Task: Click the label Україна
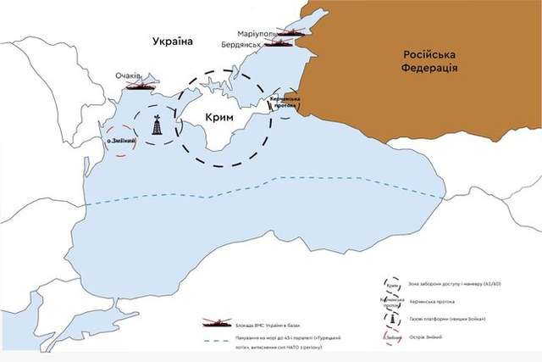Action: click(173, 42)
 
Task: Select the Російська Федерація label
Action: click(429, 60)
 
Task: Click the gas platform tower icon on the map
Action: click(157, 125)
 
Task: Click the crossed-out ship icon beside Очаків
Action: click(142, 85)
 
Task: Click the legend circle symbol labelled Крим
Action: click(392, 283)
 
